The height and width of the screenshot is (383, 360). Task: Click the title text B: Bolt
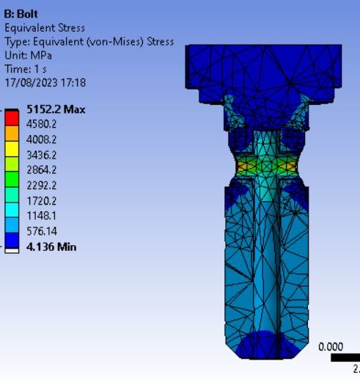click(21, 14)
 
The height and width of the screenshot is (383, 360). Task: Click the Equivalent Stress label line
click(45, 28)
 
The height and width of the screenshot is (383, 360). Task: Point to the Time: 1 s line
click(26, 69)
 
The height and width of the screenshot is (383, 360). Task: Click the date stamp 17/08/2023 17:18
click(45, 83)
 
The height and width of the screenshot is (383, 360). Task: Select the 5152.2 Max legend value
click(56, 109)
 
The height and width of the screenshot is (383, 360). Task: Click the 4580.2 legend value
click(41, 124)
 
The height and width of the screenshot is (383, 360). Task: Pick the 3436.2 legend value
click(41, 155)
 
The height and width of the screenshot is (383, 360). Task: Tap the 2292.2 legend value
click(41, 186)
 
